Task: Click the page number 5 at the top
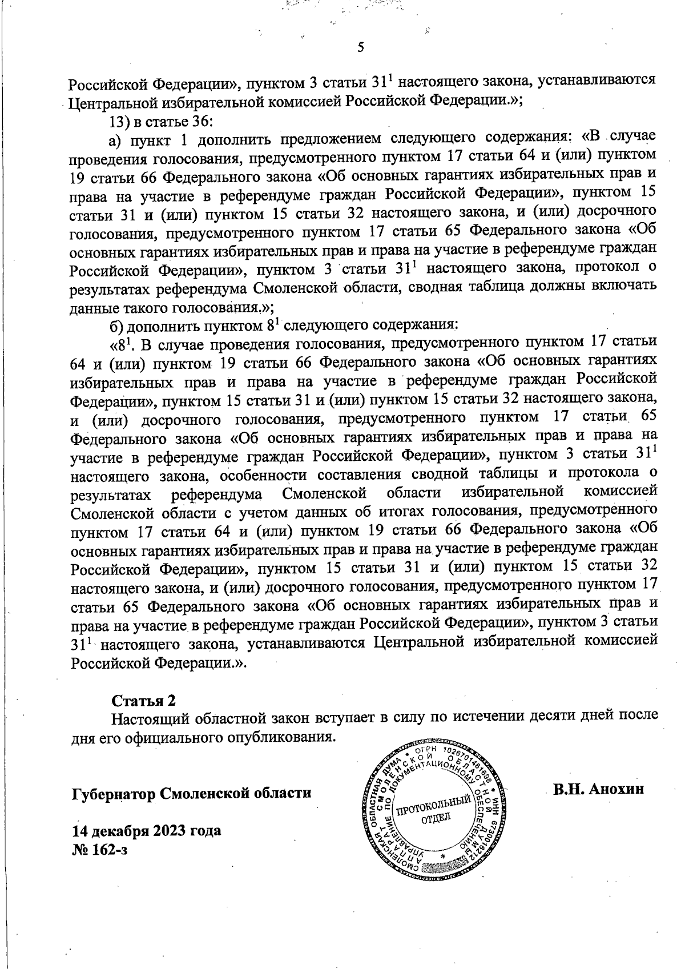(360, 48)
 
